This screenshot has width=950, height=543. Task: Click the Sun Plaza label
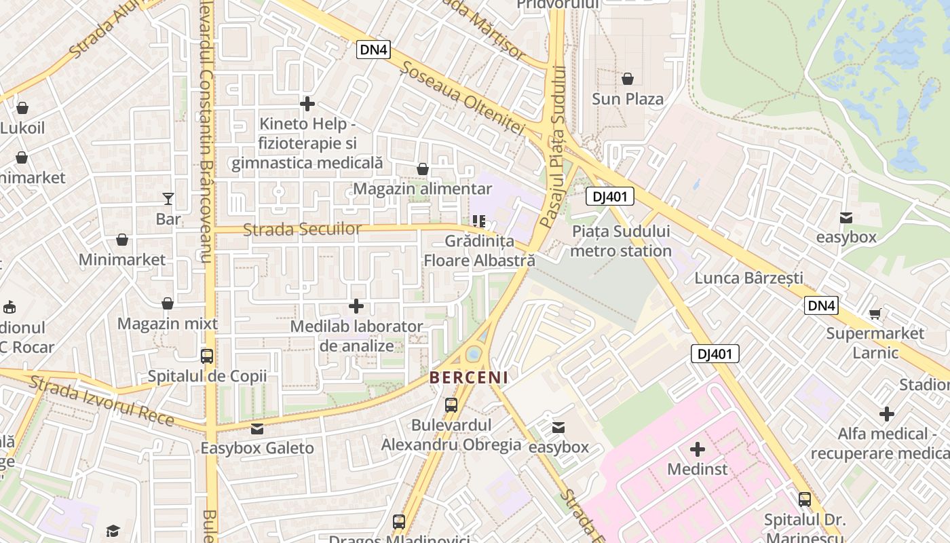coord(628,99)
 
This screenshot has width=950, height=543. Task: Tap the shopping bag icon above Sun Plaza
coord(628,79)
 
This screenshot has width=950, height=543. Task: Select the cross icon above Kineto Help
coord(307,104)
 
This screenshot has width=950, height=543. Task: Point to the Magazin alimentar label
coord(423,189)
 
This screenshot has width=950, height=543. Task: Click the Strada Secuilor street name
coord(302,229)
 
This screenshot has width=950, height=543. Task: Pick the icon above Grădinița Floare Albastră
coord(479,221)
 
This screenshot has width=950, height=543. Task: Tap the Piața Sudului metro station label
coord(621,241)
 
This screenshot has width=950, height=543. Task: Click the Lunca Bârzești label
coord(748,278)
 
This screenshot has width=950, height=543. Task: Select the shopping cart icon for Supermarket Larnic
coord(875,313)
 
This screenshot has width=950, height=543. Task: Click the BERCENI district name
coord(469,377)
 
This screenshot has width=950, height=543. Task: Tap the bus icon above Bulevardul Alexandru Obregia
coord(451,405)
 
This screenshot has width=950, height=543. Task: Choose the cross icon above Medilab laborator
coord(356,306)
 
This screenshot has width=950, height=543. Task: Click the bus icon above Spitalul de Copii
coord(207,356)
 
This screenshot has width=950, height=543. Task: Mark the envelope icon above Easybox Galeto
coord(257,428)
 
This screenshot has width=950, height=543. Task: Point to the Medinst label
coord(697,469)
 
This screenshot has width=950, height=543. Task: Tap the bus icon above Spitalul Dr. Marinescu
coord(805,500)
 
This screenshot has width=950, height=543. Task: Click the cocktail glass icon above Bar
coord(168,198)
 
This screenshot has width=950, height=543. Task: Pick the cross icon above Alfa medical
coord(887,413)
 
